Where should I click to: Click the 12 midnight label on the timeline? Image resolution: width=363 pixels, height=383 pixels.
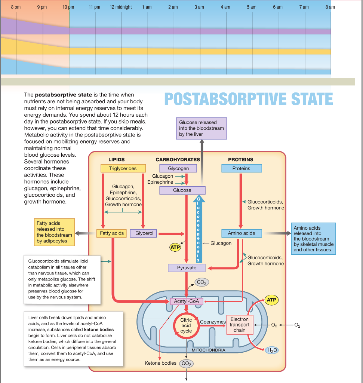click(121, 7)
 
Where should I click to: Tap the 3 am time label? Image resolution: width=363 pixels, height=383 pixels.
click(199, 7)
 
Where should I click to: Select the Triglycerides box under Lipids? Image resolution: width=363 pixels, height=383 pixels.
click(123, 168)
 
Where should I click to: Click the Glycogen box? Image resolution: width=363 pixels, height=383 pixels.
click(179, 168)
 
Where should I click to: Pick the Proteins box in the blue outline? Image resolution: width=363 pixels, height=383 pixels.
click(242, 168)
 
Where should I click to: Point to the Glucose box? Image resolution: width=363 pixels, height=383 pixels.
click(182, 190)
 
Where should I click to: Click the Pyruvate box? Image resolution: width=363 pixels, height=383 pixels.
click(187, 268)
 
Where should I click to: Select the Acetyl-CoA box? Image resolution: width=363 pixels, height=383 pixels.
click(187, 301)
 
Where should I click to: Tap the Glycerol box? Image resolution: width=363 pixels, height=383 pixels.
click(144, 233)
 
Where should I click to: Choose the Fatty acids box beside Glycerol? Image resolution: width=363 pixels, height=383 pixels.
click(112, 233)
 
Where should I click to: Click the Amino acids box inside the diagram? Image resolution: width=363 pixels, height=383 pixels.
click(242, 233)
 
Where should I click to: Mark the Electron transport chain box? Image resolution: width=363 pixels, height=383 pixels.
click(239, 325)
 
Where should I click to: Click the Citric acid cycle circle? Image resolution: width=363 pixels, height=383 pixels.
click(186, 325)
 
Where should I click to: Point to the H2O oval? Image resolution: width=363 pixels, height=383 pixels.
click(271, 350)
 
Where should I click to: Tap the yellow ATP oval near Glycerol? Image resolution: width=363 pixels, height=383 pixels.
click(175, 247)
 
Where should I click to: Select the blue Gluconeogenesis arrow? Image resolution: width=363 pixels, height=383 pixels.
click(199, 230)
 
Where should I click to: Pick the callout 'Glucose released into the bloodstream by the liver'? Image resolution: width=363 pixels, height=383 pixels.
click(202, 128)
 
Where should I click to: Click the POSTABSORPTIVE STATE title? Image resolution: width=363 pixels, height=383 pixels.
click(249, 99)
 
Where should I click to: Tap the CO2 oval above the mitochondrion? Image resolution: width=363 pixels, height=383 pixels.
click(201, 282)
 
